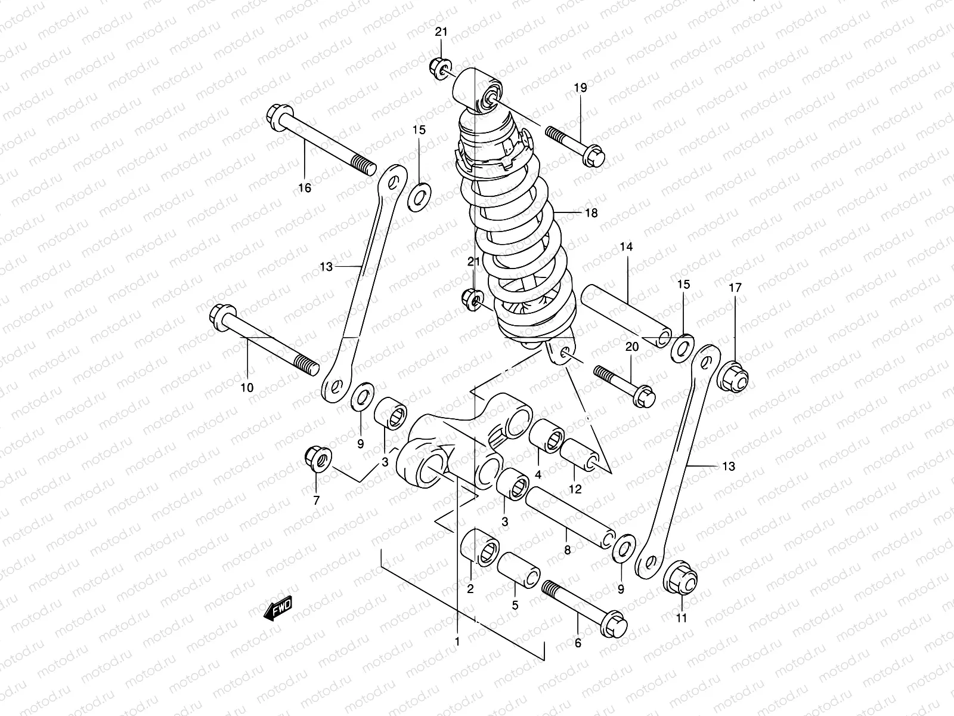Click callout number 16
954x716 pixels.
[305, 189]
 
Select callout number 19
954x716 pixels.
[580, 88]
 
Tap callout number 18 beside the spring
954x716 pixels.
[590, 213]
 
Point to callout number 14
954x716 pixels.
[628, 246]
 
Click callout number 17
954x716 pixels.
[735, 288]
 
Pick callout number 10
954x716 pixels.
[247, 388]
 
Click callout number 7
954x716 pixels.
[316, 500]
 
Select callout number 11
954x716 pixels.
[682, 618]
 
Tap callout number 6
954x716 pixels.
[577, 643]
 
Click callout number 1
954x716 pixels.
[457, 643]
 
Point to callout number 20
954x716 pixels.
[632, 347]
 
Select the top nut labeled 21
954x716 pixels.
[440, 67]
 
